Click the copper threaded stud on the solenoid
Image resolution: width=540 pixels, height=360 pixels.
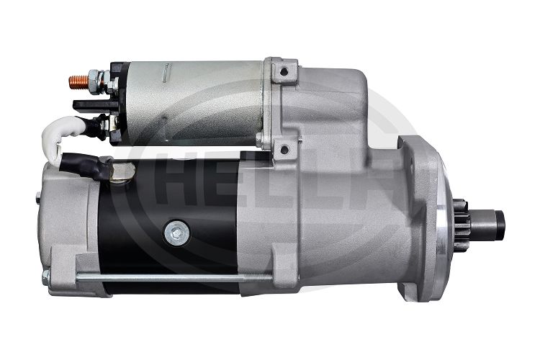pyautogui.click(x=79, y=82)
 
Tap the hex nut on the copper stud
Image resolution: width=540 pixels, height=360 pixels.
pyautogui.click(x=94, y=82)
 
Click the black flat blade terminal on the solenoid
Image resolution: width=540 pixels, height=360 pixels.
pyautogui.click(x=92, y=104)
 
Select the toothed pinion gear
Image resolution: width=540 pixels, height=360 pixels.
pyautogui.click(x=461, y=223)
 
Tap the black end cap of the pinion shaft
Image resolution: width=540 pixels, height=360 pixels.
pyautogui.click(x=500, y=222)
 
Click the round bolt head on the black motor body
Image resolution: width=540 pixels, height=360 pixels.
pyautogui.click(x=176, y=233)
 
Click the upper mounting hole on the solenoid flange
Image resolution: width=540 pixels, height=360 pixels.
pyautogui.click(x=284, y=72)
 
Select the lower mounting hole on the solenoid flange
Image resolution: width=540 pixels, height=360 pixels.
pyautogui.click(x=284, y=150)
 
